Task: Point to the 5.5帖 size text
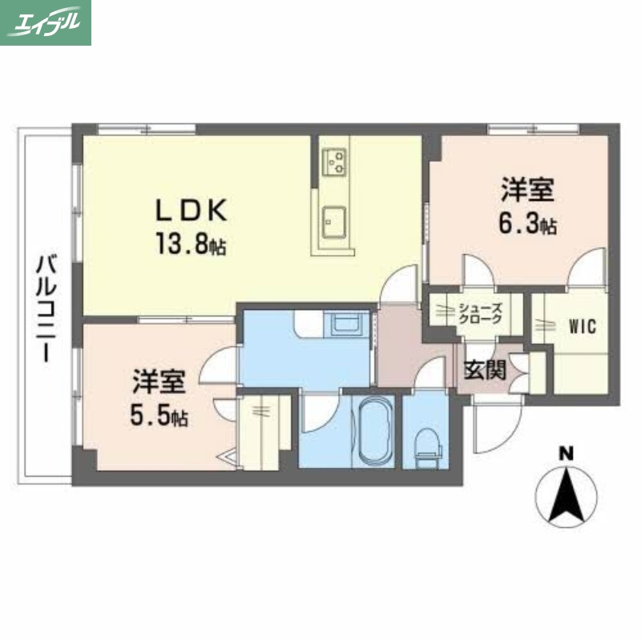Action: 159,417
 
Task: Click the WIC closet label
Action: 583,328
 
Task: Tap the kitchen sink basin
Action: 333,220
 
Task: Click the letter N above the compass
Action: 566,454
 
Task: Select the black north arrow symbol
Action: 566,494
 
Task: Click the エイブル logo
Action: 46,22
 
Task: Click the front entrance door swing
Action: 490,425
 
